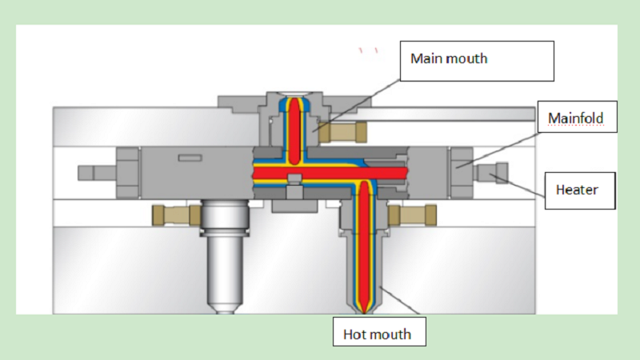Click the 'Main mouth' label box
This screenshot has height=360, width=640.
pos(477,61)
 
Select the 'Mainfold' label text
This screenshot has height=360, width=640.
pos(574,119)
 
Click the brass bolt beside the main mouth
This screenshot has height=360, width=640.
pos(349,131)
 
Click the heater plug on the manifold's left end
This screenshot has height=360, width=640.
pos(90,172)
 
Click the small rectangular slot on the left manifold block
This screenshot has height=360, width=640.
pos(190,158)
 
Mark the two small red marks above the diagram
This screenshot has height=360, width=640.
pos(368,50)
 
